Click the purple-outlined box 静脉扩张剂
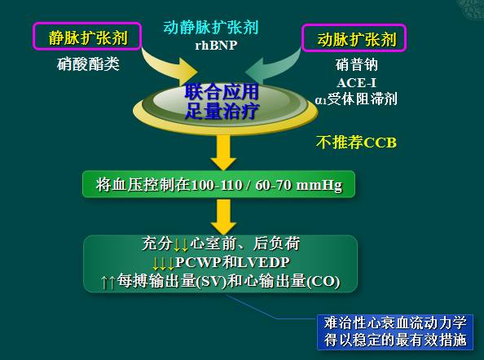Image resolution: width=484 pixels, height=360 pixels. [x=82, y=37]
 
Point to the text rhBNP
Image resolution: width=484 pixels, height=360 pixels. [x=216, y=46]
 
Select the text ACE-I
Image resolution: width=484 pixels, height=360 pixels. [x=356, y=81]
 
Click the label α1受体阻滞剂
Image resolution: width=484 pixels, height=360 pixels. [x=355, y=99]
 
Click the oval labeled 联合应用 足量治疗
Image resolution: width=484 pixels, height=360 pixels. [x=222, y=102]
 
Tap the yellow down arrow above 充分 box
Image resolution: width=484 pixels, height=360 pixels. [x=221, y=215]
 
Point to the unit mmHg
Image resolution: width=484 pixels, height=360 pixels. [x=320, y=186]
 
